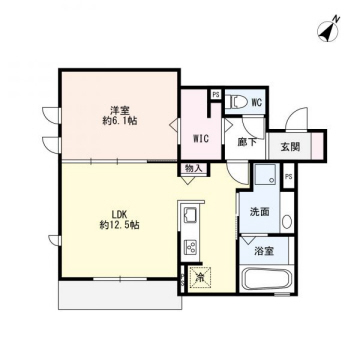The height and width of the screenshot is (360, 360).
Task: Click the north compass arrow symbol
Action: (328, 30)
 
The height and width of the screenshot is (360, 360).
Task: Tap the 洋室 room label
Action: (120, 109)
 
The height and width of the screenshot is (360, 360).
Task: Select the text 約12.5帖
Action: (119, 225)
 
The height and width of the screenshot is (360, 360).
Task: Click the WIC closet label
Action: (201, 139)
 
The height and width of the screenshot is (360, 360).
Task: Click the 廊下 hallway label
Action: (247, 142)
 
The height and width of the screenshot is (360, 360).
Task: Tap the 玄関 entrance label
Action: (290, 147)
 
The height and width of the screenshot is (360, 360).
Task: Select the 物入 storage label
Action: (194, 168)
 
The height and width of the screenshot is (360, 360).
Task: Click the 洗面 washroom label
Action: (260, 212)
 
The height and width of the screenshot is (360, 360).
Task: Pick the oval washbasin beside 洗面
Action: (287, 221)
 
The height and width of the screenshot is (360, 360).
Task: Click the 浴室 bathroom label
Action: (264, 251)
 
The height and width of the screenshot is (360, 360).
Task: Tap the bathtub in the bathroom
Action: (267, 279)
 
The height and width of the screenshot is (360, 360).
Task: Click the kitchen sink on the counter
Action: (190, 216)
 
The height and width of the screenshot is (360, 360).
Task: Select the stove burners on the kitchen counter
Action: (190, 247)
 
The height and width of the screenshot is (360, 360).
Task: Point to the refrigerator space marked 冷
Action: (201, 278)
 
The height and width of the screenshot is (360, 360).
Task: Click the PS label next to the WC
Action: (216, 95)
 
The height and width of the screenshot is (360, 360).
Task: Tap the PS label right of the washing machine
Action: (289, 177)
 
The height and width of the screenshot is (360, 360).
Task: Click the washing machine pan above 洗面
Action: (266, 174)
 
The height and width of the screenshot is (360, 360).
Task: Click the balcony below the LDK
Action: (120, 295)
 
